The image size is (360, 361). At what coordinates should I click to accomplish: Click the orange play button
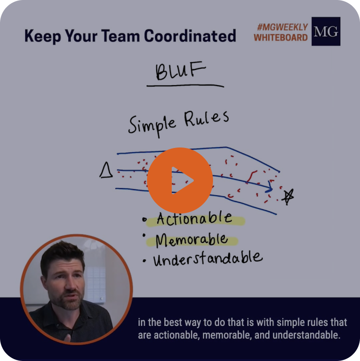click(x=180, y=180)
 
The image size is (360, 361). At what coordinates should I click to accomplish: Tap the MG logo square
click(x=326, y=31)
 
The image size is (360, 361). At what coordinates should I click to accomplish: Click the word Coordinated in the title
click(x=190, y=36)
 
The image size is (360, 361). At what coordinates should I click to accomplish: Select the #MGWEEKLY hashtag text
click(x=282, y=27)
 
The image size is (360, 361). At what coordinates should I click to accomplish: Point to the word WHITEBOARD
click(x=281, y=37)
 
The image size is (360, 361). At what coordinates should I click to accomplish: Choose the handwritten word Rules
click(x=206, y=118)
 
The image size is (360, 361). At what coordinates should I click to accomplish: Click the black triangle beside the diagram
click(x=106, y=170)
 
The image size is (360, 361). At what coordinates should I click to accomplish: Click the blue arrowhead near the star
click(x=269, y=187)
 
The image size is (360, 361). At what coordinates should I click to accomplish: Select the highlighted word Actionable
click(x=194, y=218)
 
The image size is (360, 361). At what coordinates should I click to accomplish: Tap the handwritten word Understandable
click(x=208, y=258)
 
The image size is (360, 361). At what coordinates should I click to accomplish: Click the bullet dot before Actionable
click(x=144, y=220)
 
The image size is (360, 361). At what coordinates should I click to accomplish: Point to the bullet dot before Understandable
click(x=144, y=261)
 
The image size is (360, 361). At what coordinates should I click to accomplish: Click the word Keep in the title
click(x=43, y=36)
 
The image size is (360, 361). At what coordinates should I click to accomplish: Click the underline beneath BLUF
click(x=185, y=86)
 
